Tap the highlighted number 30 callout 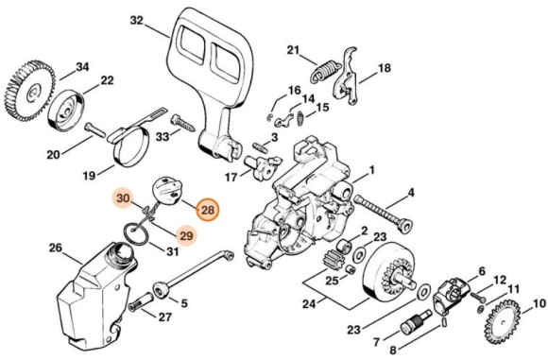tap(125, 199)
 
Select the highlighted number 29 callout tap(185, 234)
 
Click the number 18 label tap(385, 69)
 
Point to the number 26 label tap(55, 249)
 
